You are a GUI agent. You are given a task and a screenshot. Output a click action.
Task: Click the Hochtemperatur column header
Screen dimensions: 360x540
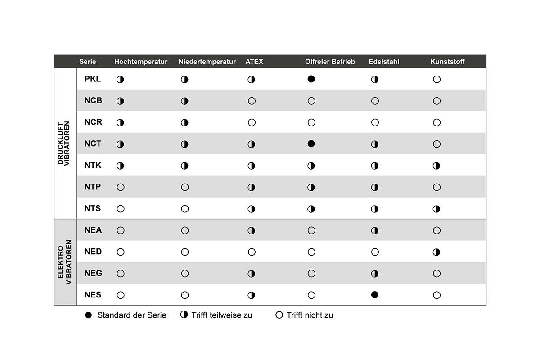click(x=141, y=62)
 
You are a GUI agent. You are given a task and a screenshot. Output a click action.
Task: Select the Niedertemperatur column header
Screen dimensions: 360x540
click(x=207, y=62)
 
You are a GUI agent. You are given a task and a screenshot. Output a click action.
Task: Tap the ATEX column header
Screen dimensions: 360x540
click(x=254, y=62)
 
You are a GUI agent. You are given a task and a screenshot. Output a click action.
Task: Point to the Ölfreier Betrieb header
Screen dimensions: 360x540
click(x=330, y=62)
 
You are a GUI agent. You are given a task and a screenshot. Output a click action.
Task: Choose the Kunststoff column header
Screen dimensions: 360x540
click(x=447, y=62)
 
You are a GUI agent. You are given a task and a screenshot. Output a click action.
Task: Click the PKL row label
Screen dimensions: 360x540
click(x=93, y=79)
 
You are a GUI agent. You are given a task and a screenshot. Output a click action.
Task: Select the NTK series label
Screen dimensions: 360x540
click(x=93, y=166)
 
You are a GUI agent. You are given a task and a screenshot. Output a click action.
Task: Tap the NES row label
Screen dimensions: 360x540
click(x=93, y=295)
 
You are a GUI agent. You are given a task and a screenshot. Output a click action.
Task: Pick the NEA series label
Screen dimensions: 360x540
click(x=93, y=230)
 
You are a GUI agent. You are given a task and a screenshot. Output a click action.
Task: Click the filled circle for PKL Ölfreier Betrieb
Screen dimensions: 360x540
click(x=311, y=79)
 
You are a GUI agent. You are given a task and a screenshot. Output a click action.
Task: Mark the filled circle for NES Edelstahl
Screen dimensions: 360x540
click(x=375, y=295)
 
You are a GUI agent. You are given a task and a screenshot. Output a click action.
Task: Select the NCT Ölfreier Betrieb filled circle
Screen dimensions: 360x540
click(x=311, y=144)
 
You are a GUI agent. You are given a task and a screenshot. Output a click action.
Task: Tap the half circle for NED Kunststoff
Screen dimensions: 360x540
click(x=436, y=252)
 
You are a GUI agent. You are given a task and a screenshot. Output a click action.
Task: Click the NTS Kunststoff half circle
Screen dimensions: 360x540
click(x=436, y=209)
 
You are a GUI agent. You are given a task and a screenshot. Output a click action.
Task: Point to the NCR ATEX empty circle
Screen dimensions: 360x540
click(x=252, y=122)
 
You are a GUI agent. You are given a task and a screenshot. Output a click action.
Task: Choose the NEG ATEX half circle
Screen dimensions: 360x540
click(x=252, y=274)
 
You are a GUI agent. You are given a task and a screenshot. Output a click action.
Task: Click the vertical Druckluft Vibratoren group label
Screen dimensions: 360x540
click(x=64, y=143)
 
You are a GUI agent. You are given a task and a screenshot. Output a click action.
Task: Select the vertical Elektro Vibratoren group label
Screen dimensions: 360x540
click(x=64, y=262)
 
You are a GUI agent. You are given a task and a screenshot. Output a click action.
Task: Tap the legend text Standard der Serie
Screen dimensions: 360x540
click(x=131, y=315)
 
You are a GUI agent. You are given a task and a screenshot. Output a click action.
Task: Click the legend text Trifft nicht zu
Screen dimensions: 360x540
click(x=310, y=315)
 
